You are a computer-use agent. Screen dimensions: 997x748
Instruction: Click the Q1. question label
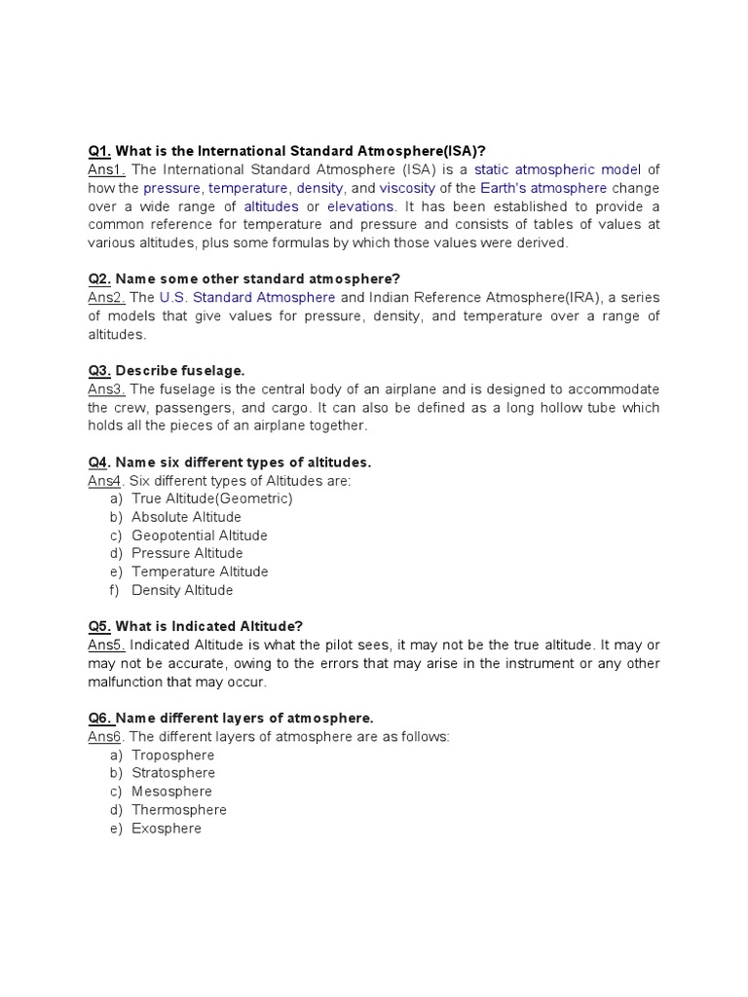coord(99,151)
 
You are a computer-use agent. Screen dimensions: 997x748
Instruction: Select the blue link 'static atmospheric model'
coord(557,169)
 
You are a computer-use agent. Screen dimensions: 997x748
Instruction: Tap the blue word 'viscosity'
coord(407,188)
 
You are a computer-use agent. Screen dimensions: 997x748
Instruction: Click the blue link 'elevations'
coord(360,206)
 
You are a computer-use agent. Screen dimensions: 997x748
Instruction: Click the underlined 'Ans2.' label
coord(106,298)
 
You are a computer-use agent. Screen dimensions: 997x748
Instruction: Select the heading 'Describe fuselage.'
coord(180,371)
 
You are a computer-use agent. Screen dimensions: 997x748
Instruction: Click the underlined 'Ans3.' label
coord(106,389)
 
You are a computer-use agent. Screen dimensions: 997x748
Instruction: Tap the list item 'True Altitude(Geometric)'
coord(212,498)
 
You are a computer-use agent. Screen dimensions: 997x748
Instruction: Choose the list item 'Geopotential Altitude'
coord(200,535)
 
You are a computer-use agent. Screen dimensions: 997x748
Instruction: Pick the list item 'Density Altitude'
coord(182,590)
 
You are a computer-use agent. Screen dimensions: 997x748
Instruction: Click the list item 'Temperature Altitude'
coord(200,572)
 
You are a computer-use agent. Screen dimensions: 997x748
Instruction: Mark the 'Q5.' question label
coord(99,626)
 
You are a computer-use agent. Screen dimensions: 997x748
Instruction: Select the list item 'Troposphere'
coord(173,756)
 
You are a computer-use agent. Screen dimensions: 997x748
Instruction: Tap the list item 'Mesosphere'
coord(171,792)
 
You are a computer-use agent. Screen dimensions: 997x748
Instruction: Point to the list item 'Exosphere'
coord(167,829)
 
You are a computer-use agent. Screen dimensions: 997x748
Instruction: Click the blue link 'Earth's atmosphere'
coord(549,188)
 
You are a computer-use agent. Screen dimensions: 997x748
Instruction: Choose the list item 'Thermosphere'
coord(179,810)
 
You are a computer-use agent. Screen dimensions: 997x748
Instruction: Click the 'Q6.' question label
coord(99,719)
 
